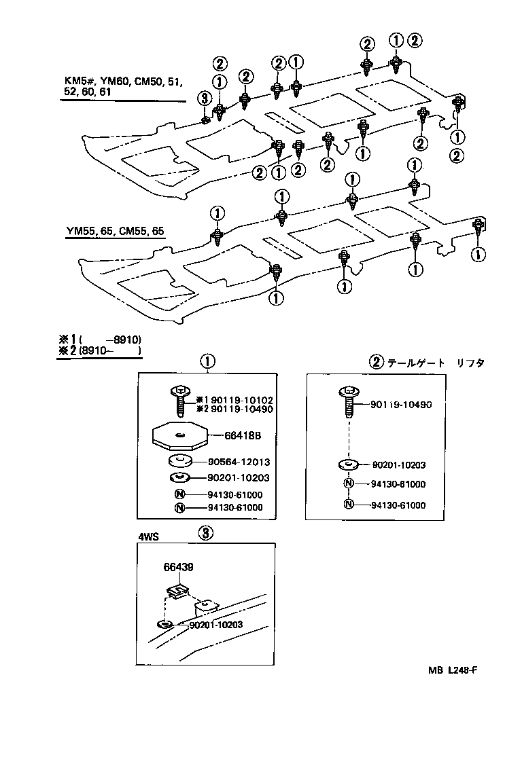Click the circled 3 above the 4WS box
(x=206, y=533)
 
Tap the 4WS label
(x=148, y=537)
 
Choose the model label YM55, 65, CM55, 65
(x=115, y=231)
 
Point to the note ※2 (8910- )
(x=100, y=351)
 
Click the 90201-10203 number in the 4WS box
(x=216, y=624)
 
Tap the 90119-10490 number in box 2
(x=401, y=405)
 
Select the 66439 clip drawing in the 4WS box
(x=179, y=589)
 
